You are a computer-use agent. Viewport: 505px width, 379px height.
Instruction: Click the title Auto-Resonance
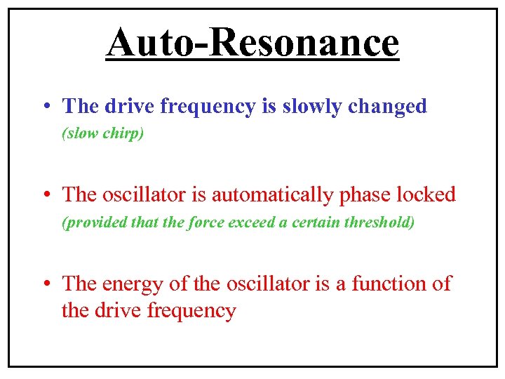click(x=252, y=43)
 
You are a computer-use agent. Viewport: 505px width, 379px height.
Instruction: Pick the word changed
click(x=387, y=106)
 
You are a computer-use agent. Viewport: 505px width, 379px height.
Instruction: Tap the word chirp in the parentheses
click(x=122, y=133)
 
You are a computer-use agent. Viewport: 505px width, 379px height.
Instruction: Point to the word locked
click(x=426, y=194)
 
